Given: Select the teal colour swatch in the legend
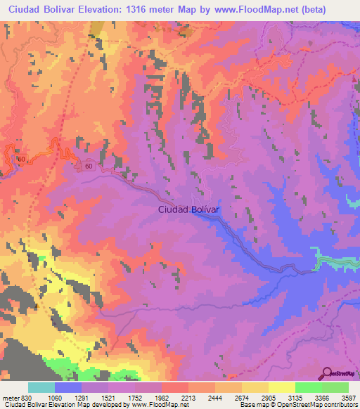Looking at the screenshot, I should (41, 388).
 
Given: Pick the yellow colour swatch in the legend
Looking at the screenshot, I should (281, 388).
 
